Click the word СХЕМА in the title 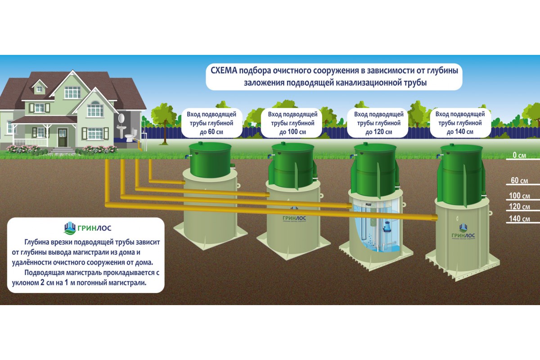(224, 71)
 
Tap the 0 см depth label (519, 156)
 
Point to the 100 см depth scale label (519, 196)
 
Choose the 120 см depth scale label (519, 207)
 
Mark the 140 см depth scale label (519, 219)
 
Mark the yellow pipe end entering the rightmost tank (435, 218)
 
